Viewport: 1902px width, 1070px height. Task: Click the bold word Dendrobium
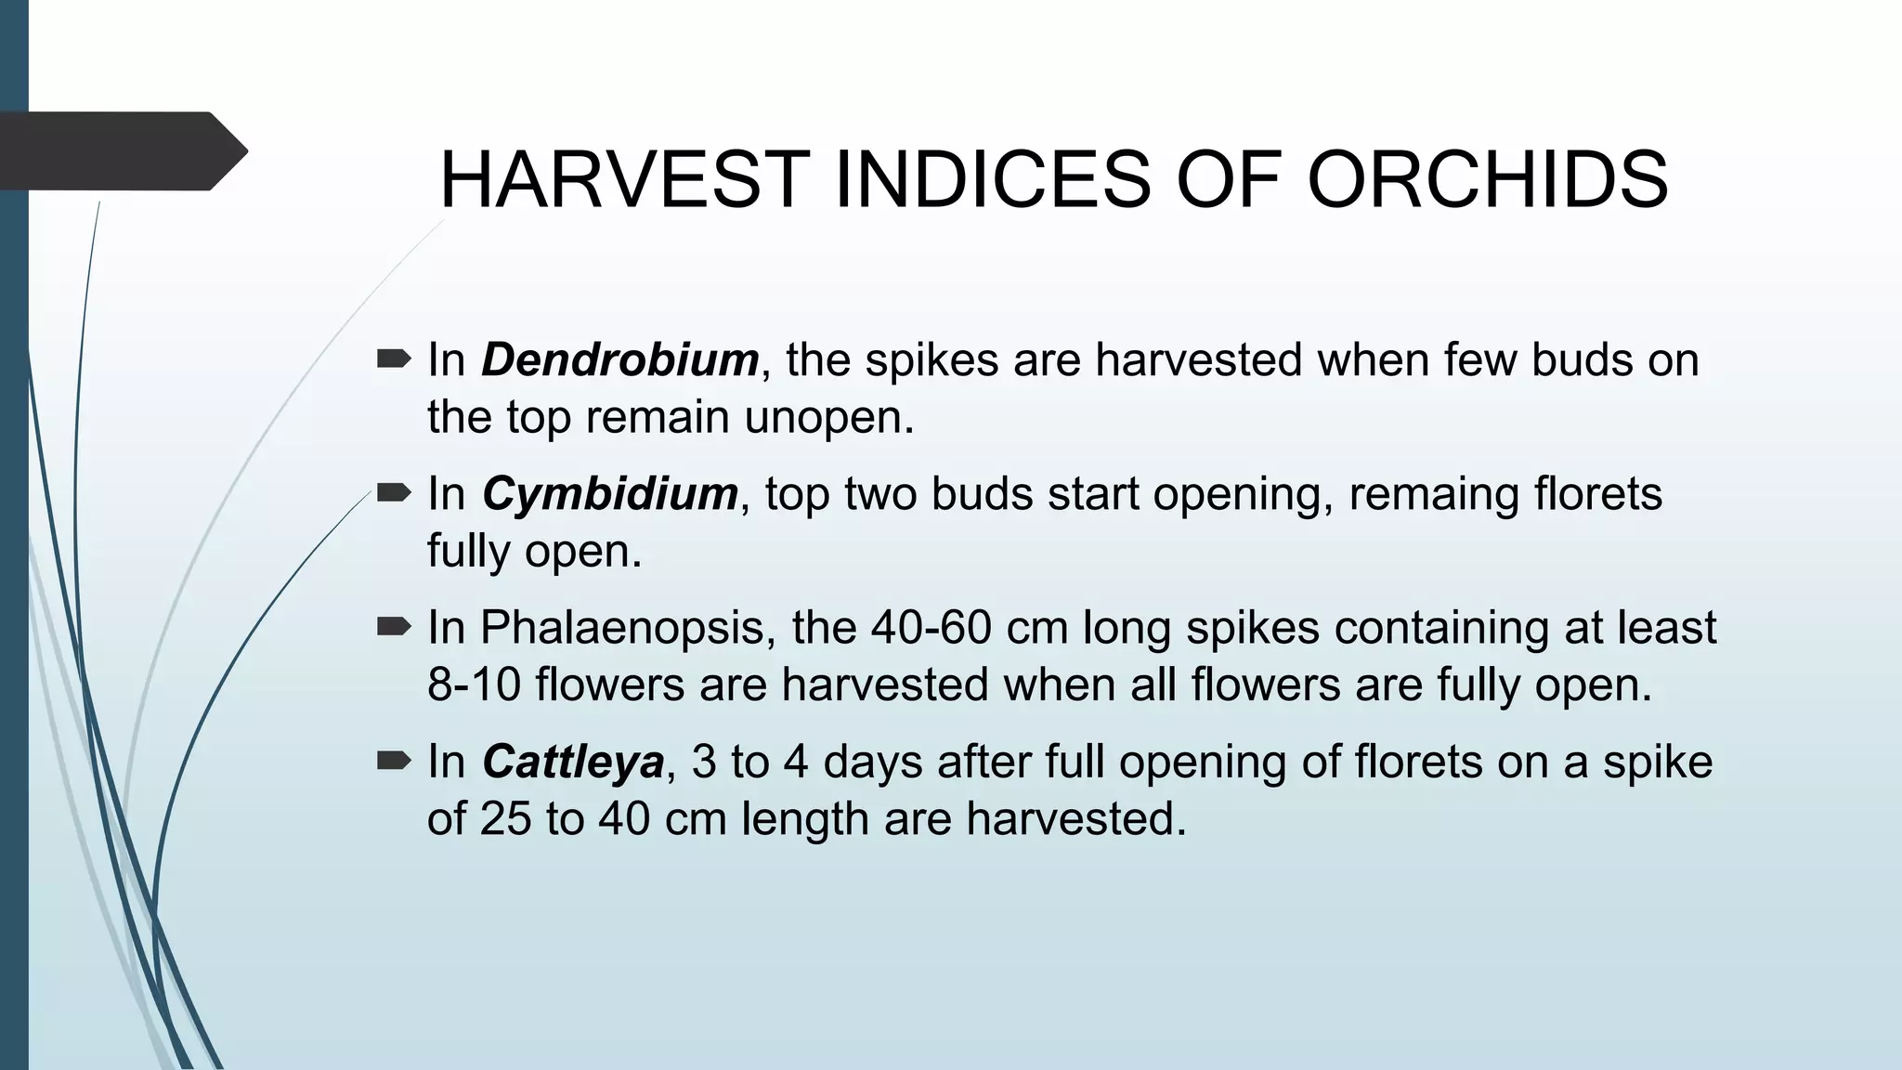click(619, 359)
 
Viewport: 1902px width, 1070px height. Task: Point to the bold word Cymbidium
click(609, 493)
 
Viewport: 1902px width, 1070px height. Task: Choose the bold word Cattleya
click(573, 762)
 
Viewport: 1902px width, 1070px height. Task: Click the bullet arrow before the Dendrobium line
click(394, 359)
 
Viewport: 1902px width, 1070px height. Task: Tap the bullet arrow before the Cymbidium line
click(394, 492)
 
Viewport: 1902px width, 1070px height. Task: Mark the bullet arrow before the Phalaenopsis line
click(394, 627)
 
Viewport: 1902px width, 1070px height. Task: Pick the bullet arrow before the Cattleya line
click(394, 761)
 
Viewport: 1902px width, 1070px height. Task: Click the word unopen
click(828, 417)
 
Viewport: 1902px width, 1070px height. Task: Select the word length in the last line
click(804, 819)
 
